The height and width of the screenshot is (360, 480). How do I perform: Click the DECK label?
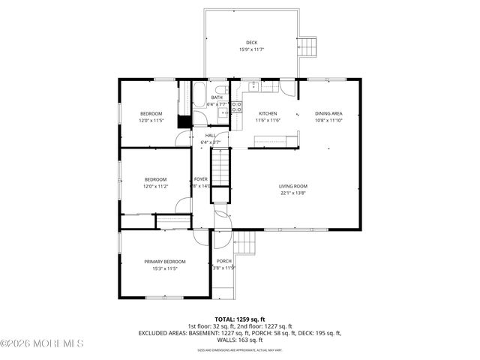(251, 42)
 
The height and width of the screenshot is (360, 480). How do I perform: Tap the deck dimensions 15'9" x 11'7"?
(251, 49)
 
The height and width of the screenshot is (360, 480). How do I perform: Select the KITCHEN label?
(268, 113)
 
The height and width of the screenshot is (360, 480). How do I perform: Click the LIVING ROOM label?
(293, 186)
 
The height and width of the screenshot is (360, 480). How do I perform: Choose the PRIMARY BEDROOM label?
(165, 261)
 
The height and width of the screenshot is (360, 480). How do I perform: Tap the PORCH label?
(223, 261)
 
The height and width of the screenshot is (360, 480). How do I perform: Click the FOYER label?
(201, 179)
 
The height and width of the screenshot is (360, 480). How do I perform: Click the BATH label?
(217, 97)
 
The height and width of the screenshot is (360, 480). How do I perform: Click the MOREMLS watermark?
(42, 344)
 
